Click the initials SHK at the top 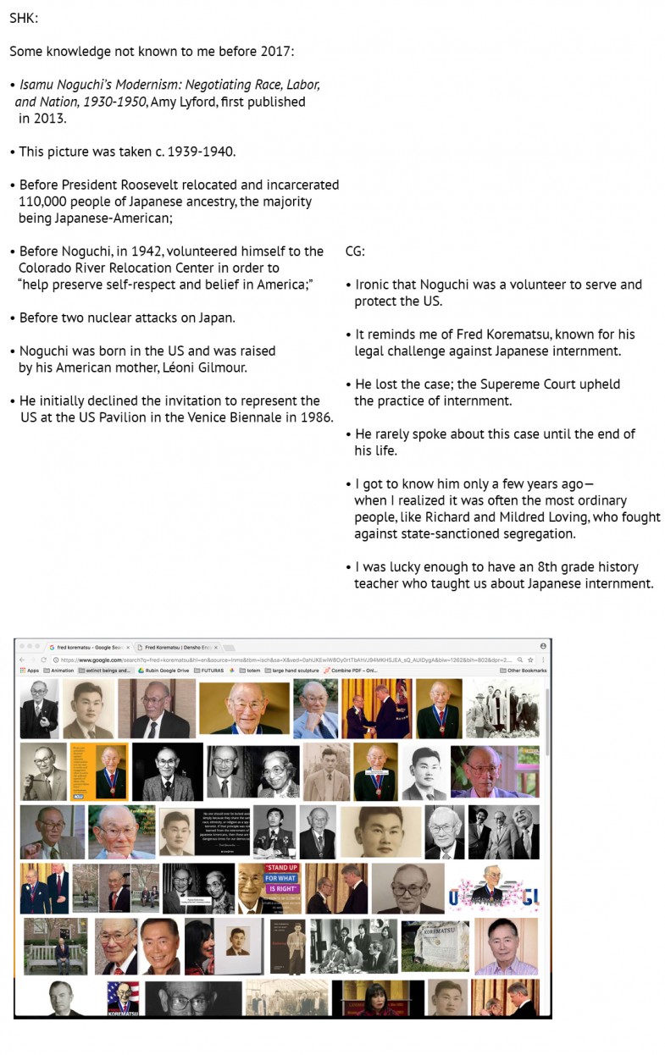pos(23,18)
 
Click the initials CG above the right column pos(355,251)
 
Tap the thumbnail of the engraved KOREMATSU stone pos(435,946)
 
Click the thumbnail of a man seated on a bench pos(54,946)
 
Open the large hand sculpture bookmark pos(292,671)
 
